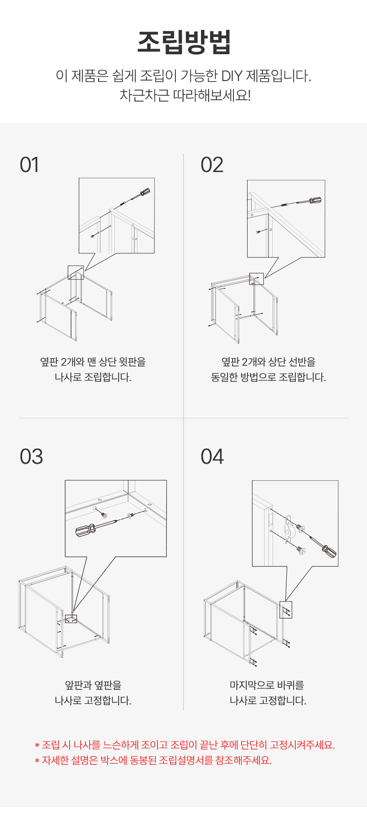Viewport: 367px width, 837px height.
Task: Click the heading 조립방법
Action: (184, 42)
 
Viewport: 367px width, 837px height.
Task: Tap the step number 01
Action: (29, 165)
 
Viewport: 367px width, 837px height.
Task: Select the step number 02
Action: (212, 165)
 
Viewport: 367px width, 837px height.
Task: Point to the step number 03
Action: (31, 456)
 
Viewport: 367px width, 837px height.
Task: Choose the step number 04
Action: (212, 456)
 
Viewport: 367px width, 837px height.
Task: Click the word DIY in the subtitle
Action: (231, 76)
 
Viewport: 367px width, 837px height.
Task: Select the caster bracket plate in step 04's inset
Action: (288, 529)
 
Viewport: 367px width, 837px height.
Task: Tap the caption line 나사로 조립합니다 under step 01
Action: (93, 377)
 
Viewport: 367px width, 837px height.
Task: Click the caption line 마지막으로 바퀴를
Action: (267, 685)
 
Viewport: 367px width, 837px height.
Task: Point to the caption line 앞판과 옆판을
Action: (93, 685)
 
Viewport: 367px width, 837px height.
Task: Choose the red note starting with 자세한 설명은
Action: (153, 760)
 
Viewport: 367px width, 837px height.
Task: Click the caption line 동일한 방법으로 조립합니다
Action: (268, 377)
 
